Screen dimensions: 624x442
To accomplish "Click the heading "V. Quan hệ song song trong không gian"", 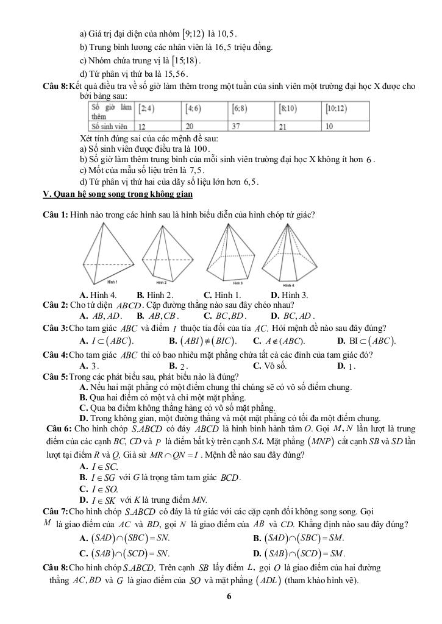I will [118, 194].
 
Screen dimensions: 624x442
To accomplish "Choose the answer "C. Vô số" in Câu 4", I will [269, 366].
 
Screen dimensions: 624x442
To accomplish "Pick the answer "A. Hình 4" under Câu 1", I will [98, 296].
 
